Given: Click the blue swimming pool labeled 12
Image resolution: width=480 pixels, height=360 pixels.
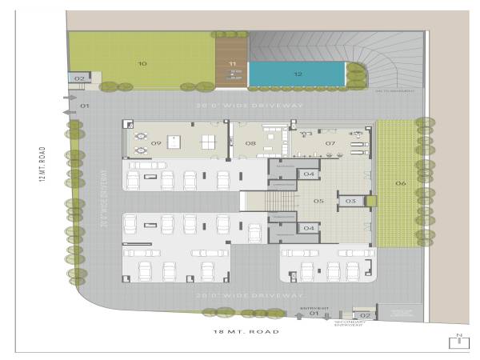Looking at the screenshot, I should click(x=297, y=74).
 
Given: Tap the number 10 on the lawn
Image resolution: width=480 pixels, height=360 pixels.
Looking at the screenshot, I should click(x=142, y=62).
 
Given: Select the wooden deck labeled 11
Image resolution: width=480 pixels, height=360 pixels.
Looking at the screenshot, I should click(x=233, y=63).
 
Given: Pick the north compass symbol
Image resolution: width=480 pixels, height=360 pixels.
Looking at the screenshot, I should click(x=459, y=341).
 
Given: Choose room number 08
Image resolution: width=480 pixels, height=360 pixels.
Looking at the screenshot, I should click(x=250, y=144).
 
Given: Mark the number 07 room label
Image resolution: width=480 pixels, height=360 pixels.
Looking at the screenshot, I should click(x=330, y=144).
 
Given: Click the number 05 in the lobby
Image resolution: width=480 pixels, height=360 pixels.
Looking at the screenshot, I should click(x=318, y=202).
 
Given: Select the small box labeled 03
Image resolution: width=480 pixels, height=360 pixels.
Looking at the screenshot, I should click(x=350, y=202).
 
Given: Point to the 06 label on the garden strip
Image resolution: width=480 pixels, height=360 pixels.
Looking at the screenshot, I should click(x=400, y=184).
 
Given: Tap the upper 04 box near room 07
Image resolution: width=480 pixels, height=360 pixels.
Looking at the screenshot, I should click(x=307, y=174).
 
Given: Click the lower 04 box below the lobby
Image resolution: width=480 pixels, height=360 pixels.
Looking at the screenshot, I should click(x=307, y=228).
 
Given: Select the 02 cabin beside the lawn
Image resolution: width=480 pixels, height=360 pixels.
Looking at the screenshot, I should click(x=79, y=78).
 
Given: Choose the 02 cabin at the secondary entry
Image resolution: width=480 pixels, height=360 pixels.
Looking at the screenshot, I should click(x=366, y=315).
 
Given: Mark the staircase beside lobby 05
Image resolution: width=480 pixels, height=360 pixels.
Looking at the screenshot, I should click(x=282, y=201).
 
